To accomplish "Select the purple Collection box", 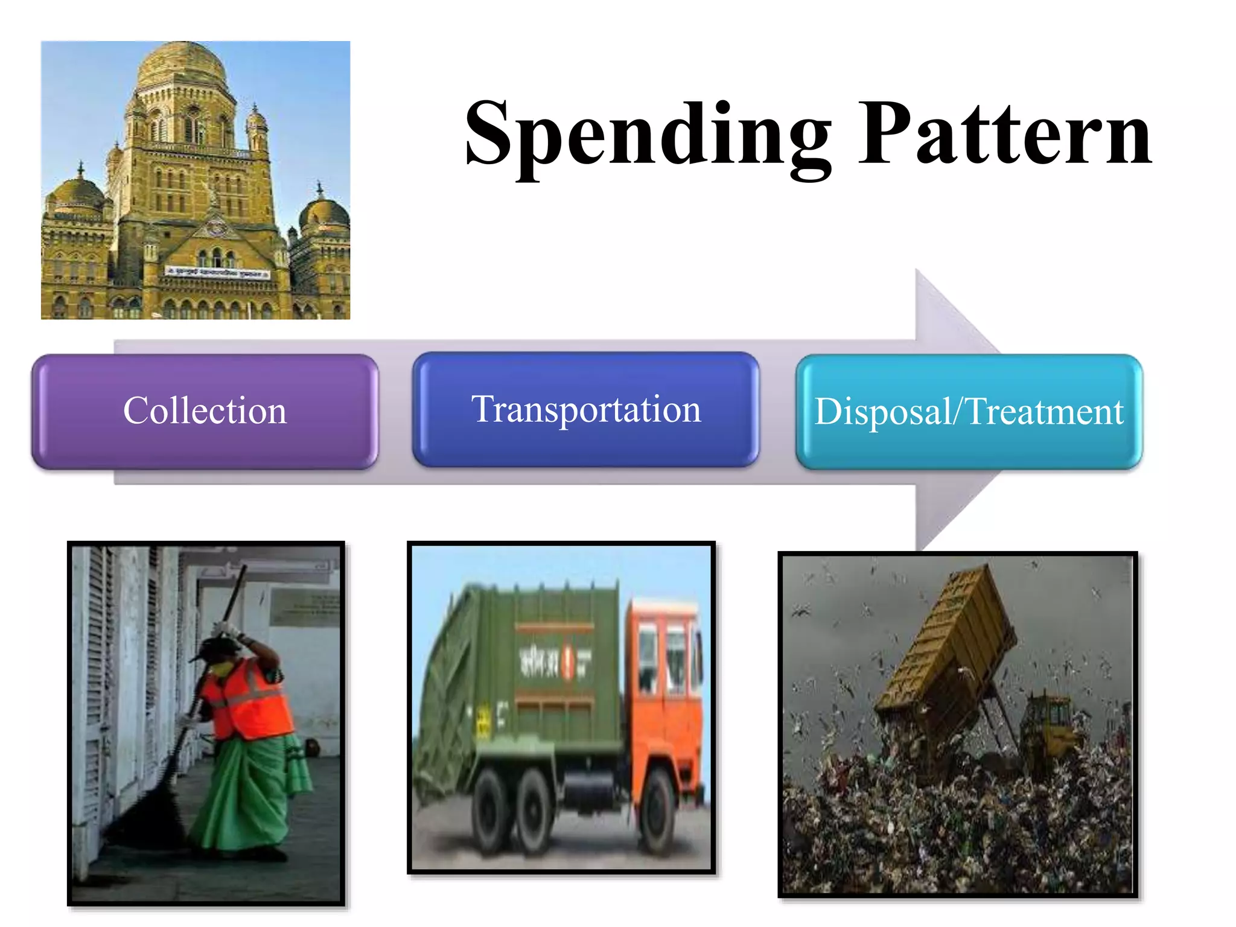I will [x=205, y=412].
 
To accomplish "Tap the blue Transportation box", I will [x=586, y=410].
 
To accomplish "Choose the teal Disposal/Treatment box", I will [x=969, y=412].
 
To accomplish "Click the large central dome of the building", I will [x=181, y=63].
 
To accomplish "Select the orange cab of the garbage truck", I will [x=664, y=676].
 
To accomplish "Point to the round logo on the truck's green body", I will [x=567, y=661].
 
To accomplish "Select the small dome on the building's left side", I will [x=75, y=193].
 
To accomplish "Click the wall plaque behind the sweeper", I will [x=305, y=607].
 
